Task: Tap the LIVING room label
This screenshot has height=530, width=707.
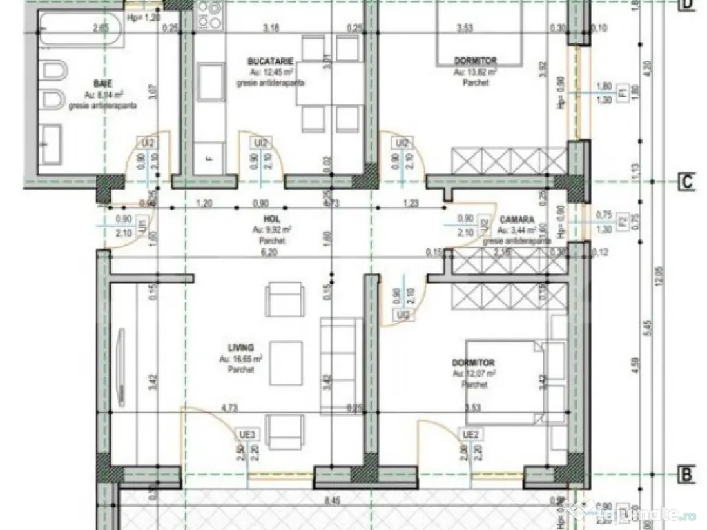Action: [x=242, y=347]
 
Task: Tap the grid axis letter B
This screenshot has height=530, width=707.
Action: [x=687, y=475]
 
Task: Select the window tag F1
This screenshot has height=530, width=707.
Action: [x=622, y=91]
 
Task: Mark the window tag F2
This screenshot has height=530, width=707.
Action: [x=622, y=222]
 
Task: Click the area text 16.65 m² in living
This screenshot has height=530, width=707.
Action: [x=241, y=359]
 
